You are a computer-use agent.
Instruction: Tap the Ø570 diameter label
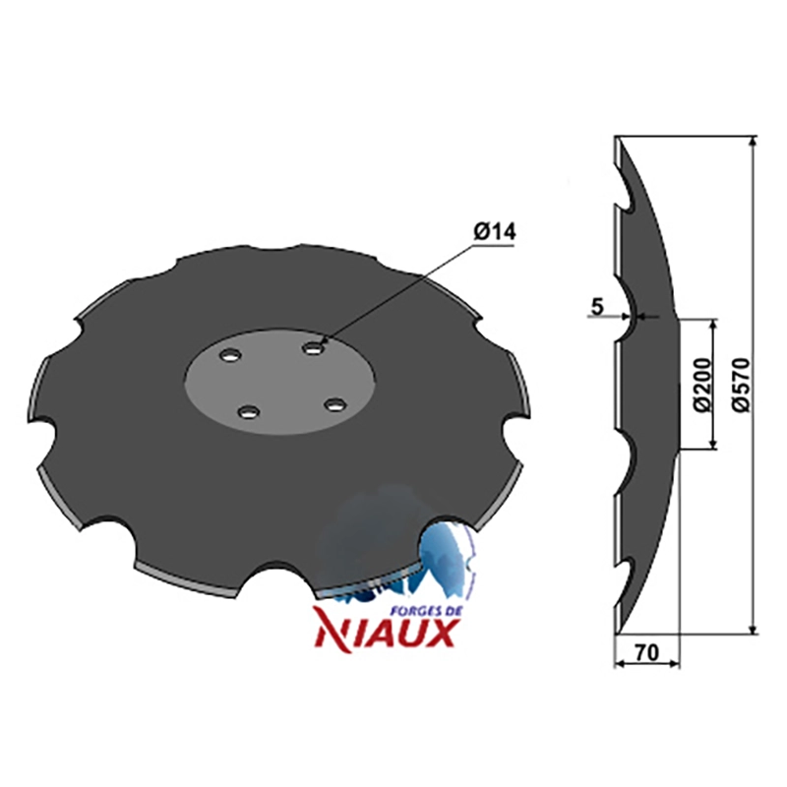(741, 385)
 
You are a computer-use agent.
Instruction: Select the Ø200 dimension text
(703, 385)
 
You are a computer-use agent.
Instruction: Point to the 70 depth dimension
(646, 652)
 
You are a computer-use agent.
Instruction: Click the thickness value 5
(596, 306)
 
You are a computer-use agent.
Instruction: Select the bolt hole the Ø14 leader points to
(313, 347)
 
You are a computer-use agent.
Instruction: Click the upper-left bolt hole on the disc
(230, 355)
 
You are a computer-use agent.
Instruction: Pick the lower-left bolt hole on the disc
(248, 412)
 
